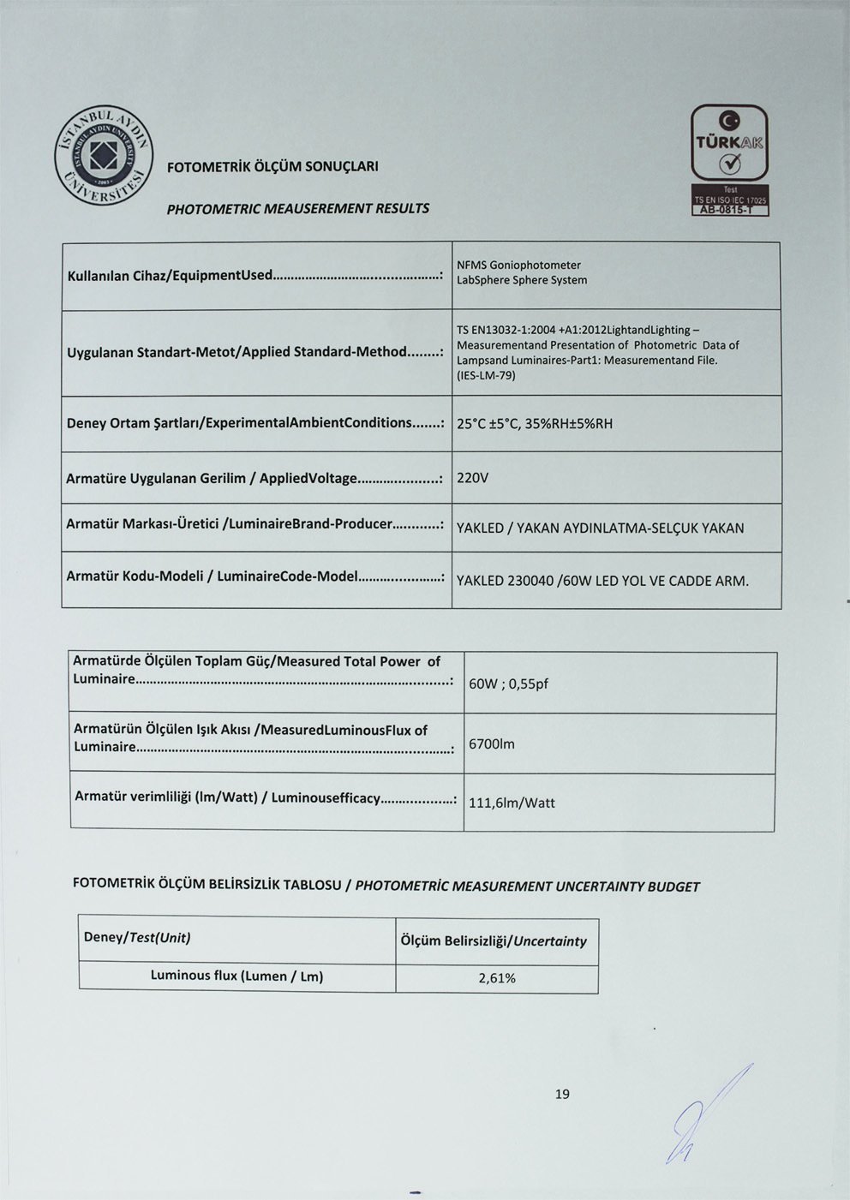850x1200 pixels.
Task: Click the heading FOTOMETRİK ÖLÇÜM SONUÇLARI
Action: click(x=272, y=166)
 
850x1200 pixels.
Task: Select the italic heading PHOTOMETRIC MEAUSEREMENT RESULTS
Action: click(x=297, y=208)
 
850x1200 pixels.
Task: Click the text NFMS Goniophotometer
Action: click(x=519, y=265)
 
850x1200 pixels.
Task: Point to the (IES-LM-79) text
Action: click(x=486, y=375)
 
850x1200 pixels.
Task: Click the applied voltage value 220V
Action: click(x=472, y=478)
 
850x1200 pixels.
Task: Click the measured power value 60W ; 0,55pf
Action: click(x=508, y=684)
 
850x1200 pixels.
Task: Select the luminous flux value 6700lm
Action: click(x=492, y=743)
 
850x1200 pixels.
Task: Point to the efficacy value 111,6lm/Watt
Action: click(x=512, y=803)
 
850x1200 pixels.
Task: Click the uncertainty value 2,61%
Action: click(x=497, y=978)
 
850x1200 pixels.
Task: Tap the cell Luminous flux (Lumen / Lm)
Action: click(x=236, y=976)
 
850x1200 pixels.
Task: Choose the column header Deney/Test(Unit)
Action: click(x=136, y=937)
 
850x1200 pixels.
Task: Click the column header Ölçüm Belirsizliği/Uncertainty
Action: click(x=494, y=941)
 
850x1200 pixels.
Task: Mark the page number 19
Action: click(x=562, y=1094)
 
